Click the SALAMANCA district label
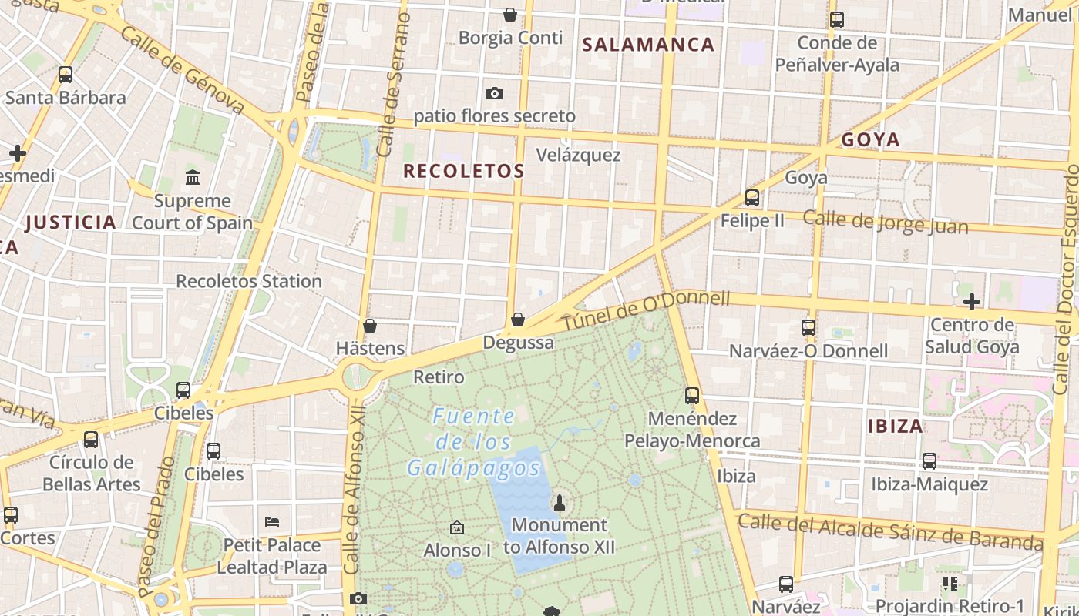tap(648, 45)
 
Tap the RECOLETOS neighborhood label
tap(463, 171)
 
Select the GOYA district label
tap(870, 139)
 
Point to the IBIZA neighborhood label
tap(895, 426)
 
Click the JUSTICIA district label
tap(71, 223)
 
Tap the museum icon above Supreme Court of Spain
tap(193, 178)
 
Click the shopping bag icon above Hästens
tap(370, 326)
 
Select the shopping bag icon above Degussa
tap(518, 320)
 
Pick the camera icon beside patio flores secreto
tap(495, 94)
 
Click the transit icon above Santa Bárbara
tap(66, 75)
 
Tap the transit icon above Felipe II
tap(752, 198)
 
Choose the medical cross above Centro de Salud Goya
tap(971, 301)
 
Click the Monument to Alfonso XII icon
tap(560, 503)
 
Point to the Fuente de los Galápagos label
tap(474, 442)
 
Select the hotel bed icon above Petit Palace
tap(271, 522)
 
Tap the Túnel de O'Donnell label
tap(645, 310)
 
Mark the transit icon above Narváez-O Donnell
tap(808, 328)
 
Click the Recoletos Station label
tap(249, 281)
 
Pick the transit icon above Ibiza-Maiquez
tap(929, 461)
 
